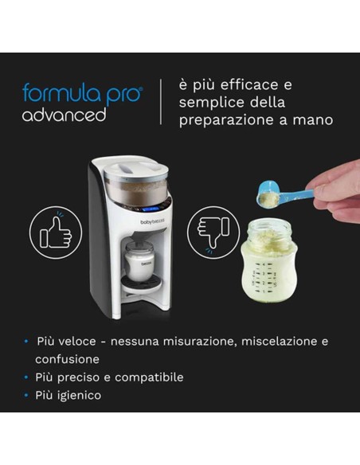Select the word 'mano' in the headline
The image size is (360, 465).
[314, 121]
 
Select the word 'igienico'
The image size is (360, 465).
[80, 395]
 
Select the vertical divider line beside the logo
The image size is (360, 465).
[162, 102]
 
